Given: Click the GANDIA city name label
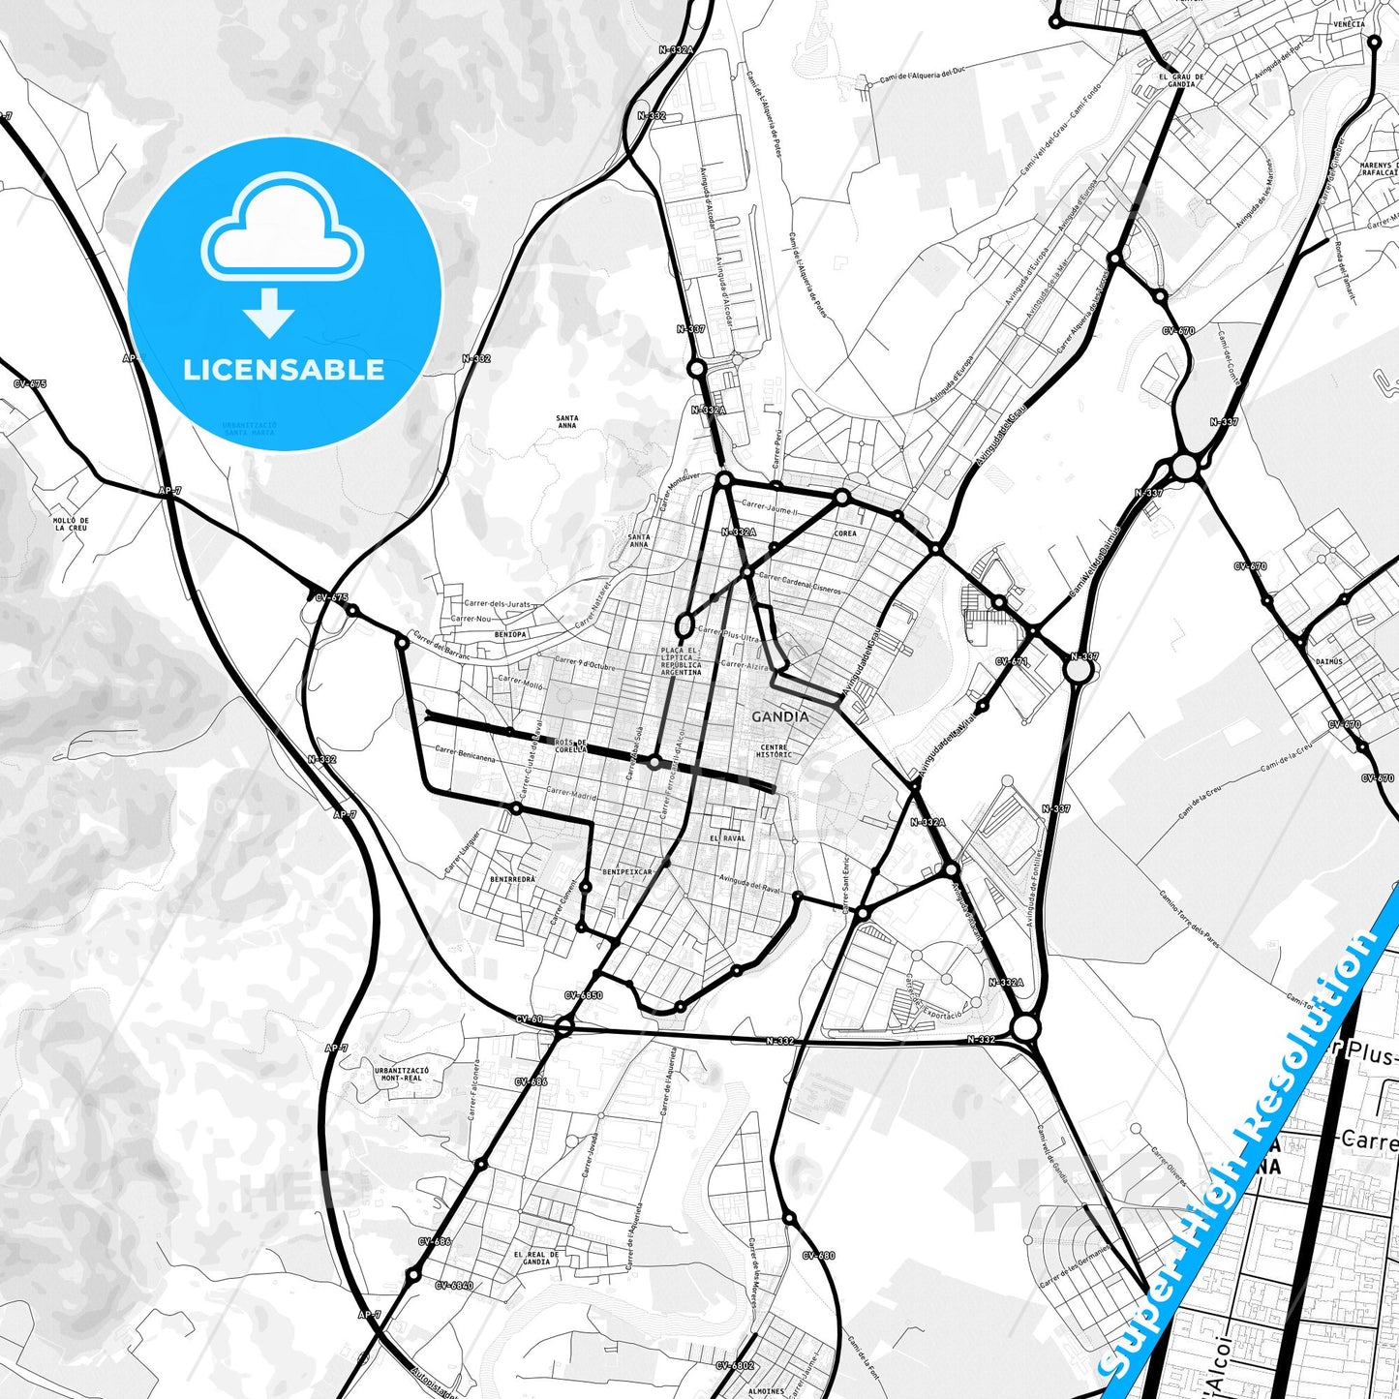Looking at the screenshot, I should point(779,717).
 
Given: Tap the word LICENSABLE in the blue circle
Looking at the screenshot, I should point(284,369).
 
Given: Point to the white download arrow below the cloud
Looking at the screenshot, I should point(269,313).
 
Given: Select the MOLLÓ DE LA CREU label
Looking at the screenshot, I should point(71,524).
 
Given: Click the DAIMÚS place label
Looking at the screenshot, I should point(1328,661).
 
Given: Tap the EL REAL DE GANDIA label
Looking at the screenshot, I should point(535,1258).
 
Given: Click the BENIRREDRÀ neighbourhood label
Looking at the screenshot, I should point(512,879).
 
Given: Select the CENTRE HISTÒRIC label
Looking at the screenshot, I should point(775,750).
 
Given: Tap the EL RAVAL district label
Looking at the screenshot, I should point(727,838).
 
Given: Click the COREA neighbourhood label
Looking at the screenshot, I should point(845,533).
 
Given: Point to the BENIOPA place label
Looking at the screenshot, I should point(510,634).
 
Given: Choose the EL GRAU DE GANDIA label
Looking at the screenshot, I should point(1181,80).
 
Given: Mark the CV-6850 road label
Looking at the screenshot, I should point(583,995).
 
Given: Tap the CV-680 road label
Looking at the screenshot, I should point(818,1256).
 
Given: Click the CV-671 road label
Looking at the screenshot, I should point(1011,662).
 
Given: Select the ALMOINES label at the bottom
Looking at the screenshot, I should point(767,1391).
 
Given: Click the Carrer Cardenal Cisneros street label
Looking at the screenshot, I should point(800,583).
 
